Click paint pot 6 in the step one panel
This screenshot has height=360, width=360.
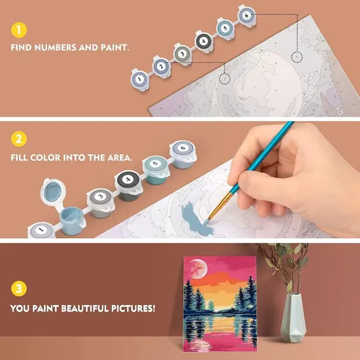click(245, 14)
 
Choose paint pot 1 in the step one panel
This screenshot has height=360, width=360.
click(139, 77)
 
